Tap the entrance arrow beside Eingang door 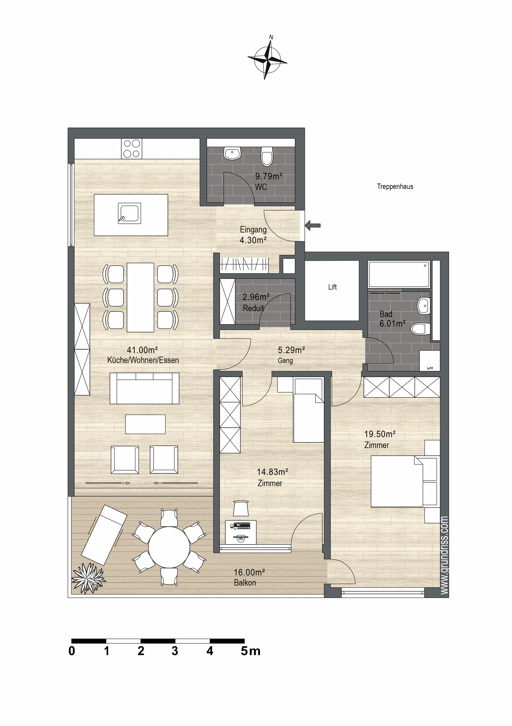tap(313, 225)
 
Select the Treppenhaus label tap(395, 187)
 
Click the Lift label tap(332, 287)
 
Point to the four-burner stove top tap(132, 149)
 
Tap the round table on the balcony tap(169, 547)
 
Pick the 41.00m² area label tap(142, 350)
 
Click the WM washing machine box tap(429, 361)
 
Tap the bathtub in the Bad tap(399, 274)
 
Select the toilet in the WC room tap(267, 156)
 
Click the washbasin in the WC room tap(232, 153)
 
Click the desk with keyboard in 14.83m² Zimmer tap(241, 533)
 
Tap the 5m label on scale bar tap(250, 651)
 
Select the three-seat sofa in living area tap(144, 388)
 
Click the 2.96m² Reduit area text tap(256, 297)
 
